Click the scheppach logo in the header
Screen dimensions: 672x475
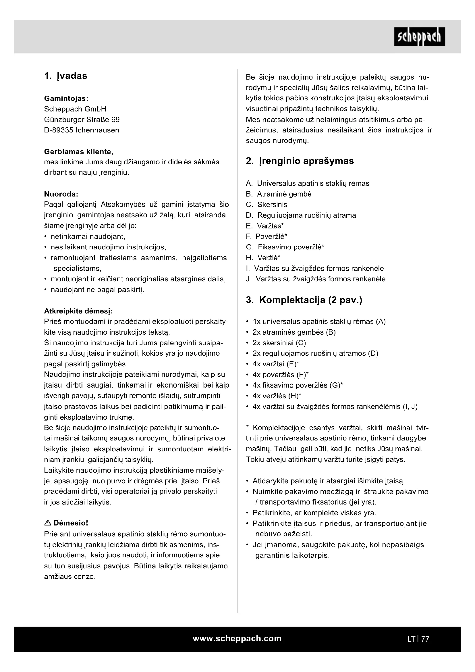(419, 36)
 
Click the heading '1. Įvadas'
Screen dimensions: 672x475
(65, 76)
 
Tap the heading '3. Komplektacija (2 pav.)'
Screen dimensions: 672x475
(304, 300)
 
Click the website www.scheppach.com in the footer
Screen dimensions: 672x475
(237, 639)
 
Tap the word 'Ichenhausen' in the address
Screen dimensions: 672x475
(97, 130)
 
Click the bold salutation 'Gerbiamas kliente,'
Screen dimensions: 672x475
(78, 152)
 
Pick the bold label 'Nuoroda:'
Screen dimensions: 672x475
(61, 194)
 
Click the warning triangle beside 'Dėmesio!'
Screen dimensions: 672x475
(48, 523)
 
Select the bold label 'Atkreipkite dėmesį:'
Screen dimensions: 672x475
(78, 311)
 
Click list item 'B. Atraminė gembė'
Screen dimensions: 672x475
(279, 194)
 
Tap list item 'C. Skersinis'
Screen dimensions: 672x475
(267, 205)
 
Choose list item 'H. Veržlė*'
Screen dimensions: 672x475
(263, 258)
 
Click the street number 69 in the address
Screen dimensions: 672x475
(115, 120)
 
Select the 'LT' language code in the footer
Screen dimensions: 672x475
(411, 639)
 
